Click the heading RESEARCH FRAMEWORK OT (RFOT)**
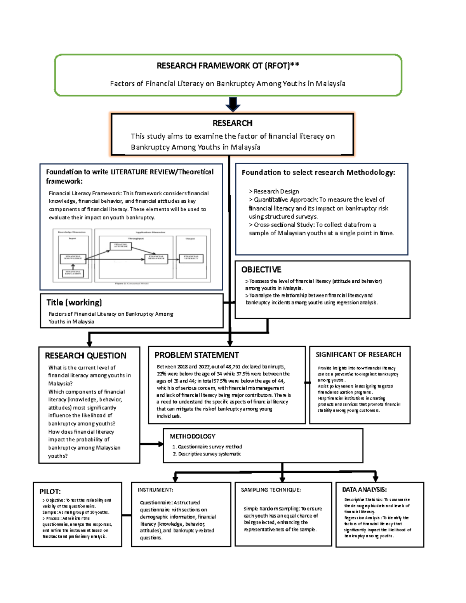coord(228,66)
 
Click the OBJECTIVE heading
coord(261,269)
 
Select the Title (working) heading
coord(74,302)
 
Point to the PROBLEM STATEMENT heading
coord(196,355)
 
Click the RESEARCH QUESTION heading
coord(85,356)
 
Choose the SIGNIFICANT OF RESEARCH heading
coord(358,355)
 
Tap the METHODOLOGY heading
coord(192,436)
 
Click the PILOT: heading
coord(50,492)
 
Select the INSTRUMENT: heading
coord(155,490)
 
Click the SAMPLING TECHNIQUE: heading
coord(271,490)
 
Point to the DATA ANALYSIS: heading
coord(364,490)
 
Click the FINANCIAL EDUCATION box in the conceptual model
coord(73,273)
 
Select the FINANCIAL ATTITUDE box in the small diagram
coord(121,246)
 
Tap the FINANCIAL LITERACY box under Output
coord(191,257)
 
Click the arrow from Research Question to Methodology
coord(151,444)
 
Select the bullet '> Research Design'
coord(274,191)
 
